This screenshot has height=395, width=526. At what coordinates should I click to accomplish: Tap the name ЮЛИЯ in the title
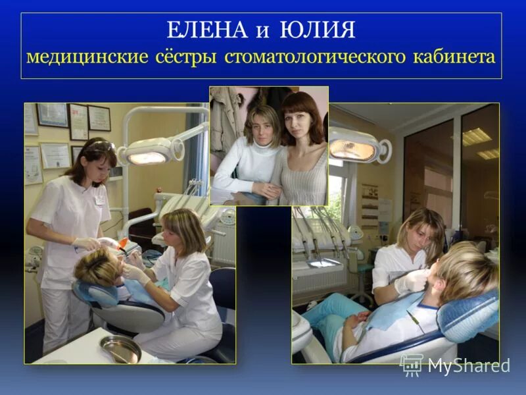[x=318, y=30]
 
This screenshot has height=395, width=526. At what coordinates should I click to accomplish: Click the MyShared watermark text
[x=467, y=366]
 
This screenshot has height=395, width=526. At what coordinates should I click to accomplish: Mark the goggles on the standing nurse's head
[x=99, y=145]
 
